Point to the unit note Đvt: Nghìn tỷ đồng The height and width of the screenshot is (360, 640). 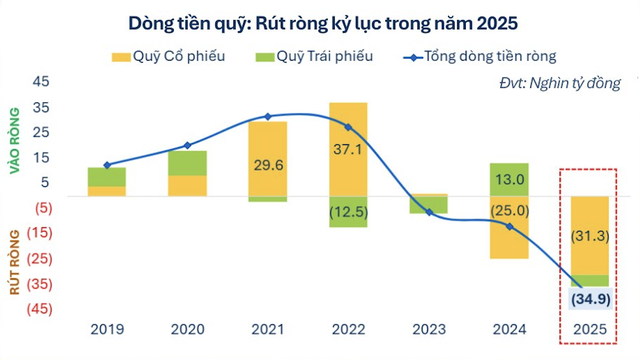click(559, 83)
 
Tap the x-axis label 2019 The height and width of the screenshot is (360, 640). click(106, 327)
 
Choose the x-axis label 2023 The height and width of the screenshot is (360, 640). click(429, 327)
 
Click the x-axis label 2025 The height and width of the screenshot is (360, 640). click(589, 327)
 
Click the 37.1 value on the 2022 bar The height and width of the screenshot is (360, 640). click(347, 148)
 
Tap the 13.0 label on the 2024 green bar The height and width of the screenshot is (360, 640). click(508, 179)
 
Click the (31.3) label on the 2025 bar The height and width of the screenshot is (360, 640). click(589, 236)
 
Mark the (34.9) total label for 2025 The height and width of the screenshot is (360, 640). click(589, 299)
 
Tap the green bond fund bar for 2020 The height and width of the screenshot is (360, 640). click(187, 163)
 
